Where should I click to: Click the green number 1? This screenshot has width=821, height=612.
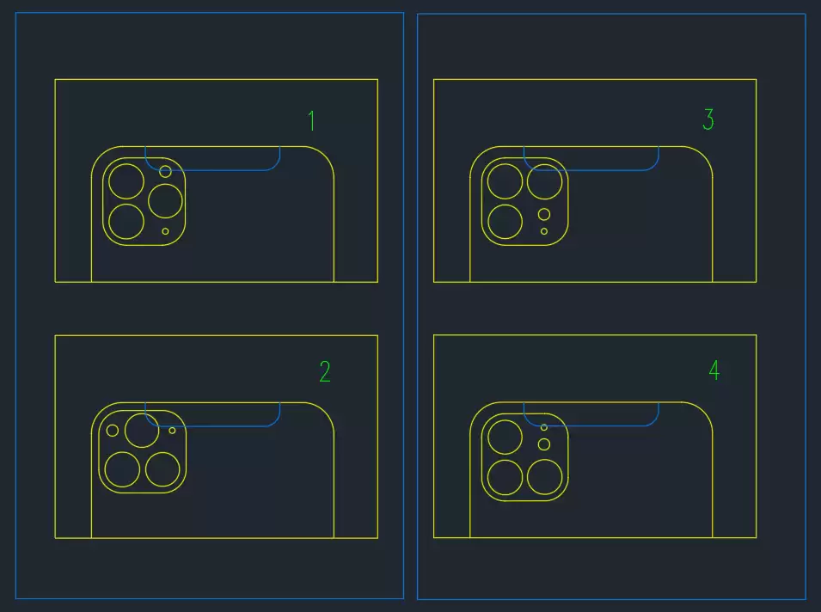(x=312, y=120)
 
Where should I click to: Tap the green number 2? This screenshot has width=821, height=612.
(x=325, y=371)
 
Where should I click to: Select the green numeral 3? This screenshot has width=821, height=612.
(x=708, y=119)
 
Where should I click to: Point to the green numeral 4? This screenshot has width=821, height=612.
(x=714, y=370)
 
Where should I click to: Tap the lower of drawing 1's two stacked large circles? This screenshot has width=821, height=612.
(x=108, y=222)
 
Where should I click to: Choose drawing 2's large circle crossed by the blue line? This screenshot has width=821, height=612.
(x=125, y=431)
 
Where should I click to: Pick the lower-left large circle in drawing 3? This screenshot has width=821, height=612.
(x=487, y=222)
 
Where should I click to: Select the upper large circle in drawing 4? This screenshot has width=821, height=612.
(x=487, y=437)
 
